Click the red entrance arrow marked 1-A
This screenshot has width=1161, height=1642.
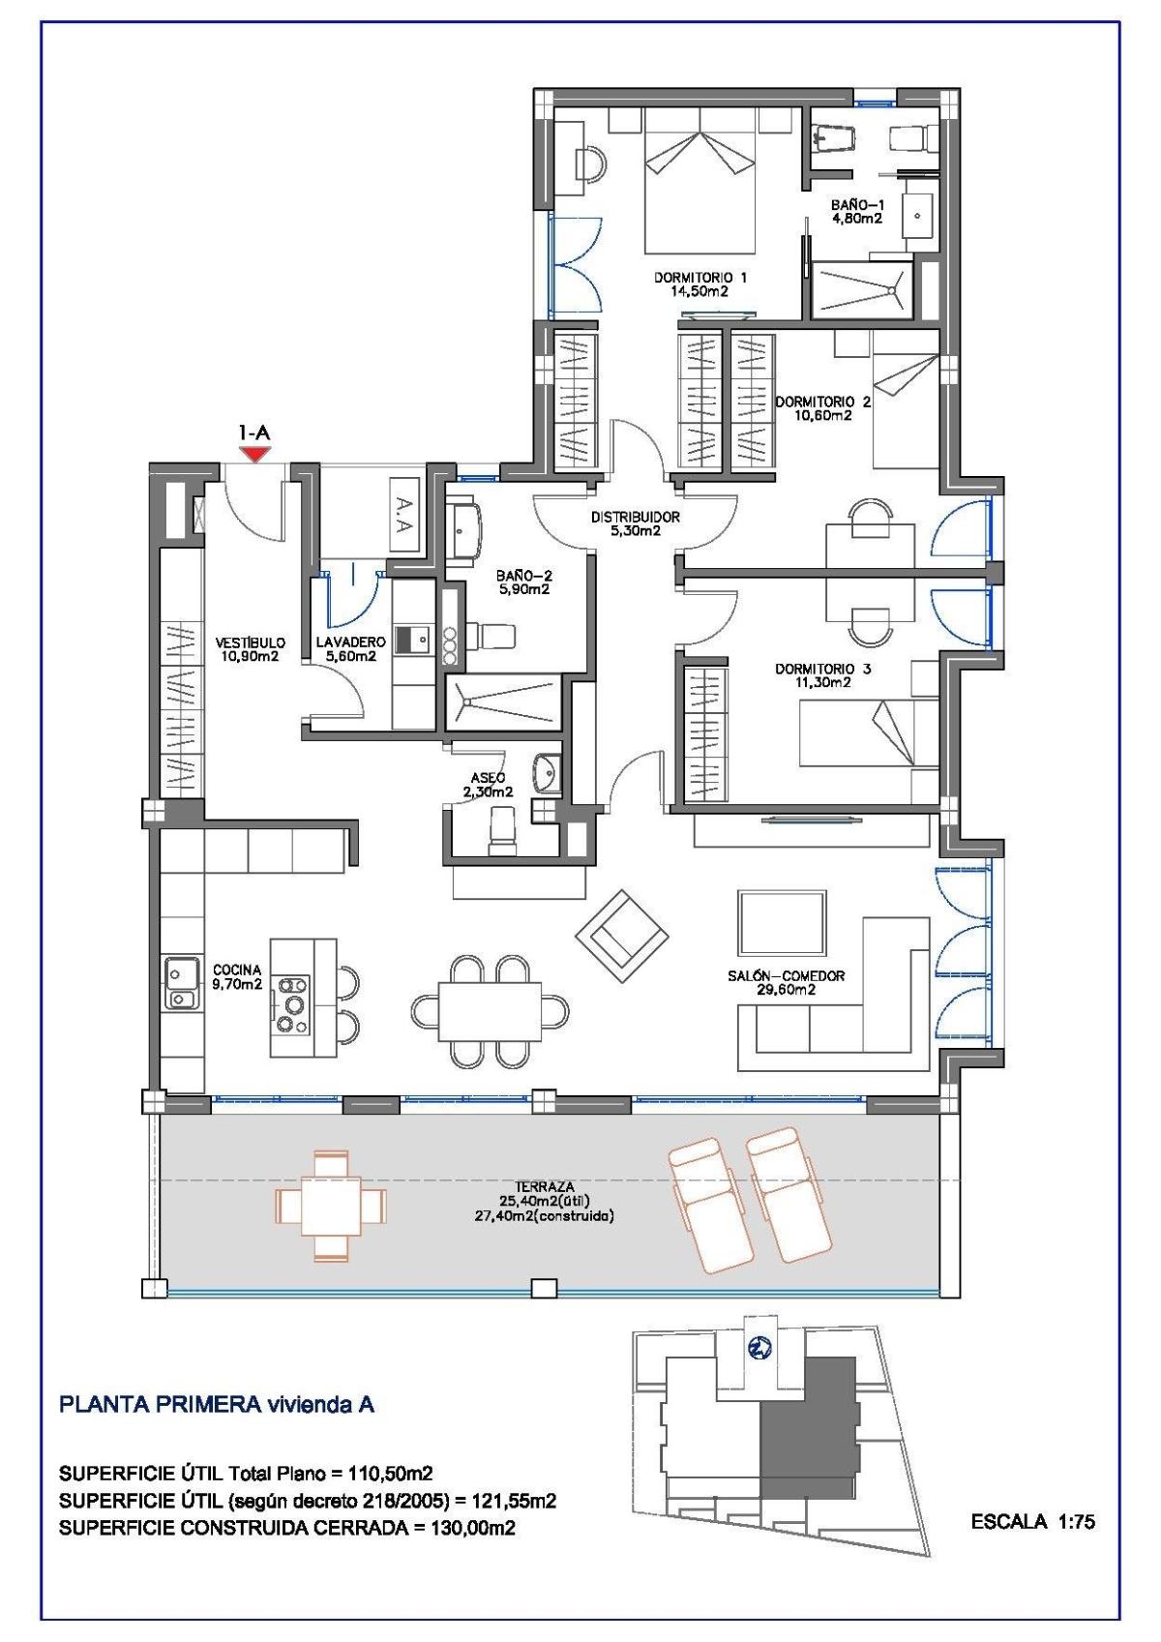coord(254,454)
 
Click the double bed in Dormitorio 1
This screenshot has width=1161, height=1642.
coord(700,179)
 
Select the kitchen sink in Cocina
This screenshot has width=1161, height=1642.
coord(179,983)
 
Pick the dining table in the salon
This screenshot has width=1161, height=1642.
coord(490,1010)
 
